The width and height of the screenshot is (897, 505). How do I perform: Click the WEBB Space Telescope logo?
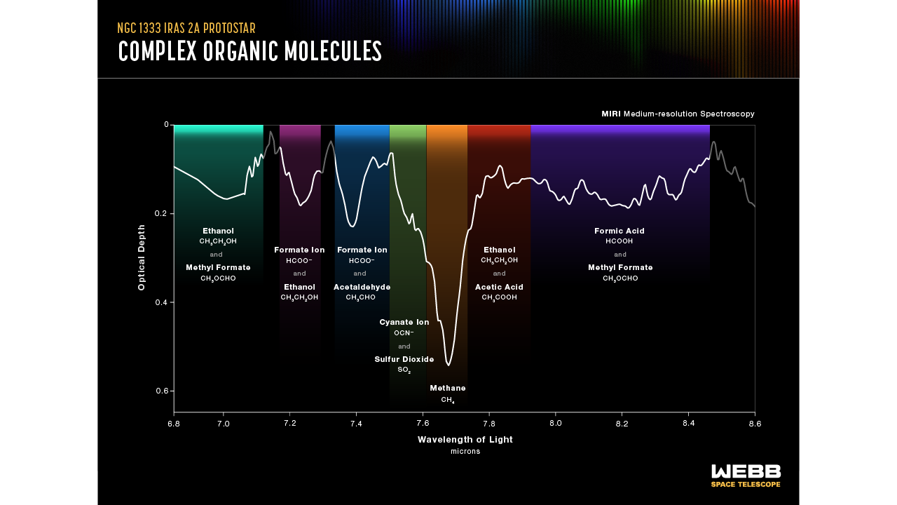[746, 475]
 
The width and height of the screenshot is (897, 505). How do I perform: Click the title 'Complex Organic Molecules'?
[250, 51]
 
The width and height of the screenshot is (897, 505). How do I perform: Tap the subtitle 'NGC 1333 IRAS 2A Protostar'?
[186, 29]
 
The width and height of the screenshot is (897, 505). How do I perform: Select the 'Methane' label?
[448, 388]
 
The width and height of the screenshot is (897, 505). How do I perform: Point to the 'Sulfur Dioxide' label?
[404, 359]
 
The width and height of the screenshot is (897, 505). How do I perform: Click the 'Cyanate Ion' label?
[404, 322]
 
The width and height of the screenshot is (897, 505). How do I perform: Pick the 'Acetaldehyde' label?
[362, 287]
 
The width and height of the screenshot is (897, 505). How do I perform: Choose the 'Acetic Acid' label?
[499, 287]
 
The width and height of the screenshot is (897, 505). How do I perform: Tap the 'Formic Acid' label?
[619, 231]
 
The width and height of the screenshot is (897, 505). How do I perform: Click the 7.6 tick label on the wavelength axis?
[423, 424]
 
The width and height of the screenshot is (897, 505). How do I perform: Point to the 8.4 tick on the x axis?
[688, 424]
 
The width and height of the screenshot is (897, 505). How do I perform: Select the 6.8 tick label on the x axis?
[174, 424]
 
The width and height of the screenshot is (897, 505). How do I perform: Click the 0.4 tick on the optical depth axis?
[163, 302]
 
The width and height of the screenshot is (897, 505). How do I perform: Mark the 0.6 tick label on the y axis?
[163, 391]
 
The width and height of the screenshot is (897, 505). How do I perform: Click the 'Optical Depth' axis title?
[142, 257]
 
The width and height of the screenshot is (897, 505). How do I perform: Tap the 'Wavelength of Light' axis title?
[465, 440]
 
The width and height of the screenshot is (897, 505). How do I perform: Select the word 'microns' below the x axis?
[465, 452]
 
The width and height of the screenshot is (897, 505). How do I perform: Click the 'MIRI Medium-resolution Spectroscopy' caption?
[678, 114]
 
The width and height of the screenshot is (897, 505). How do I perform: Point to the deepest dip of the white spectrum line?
[448, 365]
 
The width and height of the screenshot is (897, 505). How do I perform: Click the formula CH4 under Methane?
[448, 400]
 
